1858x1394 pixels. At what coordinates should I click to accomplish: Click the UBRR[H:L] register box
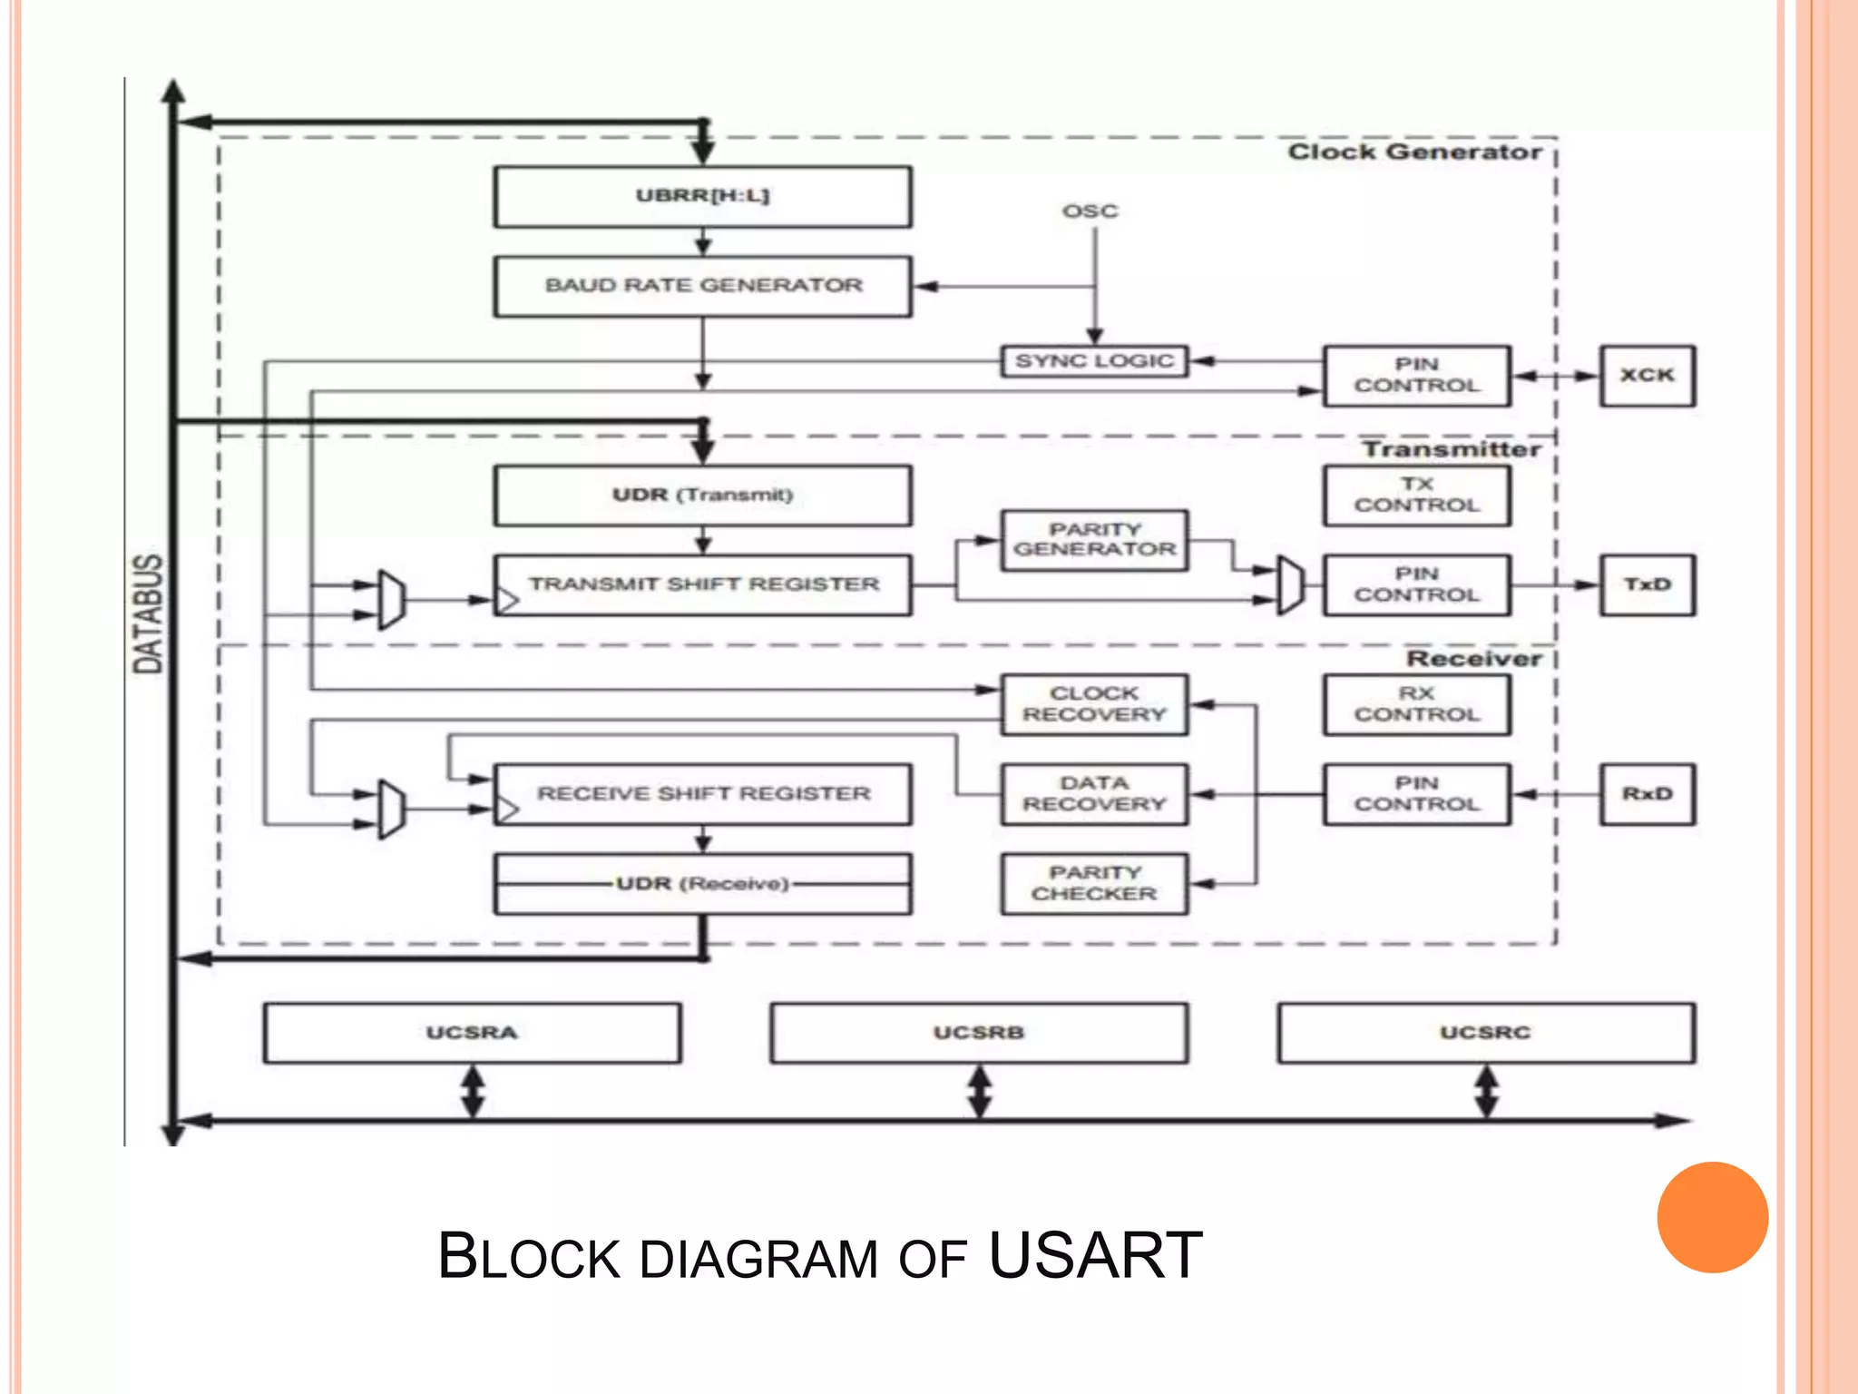pyautogui.click(x=702, y=196)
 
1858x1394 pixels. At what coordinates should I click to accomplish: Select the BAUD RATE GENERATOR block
pyautogui.click(x=702, y=286)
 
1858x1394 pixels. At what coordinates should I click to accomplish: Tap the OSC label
pyautogui.click(x=1090, y=211)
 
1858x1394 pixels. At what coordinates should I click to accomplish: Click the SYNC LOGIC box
pyautogui.click(x=1094, y=361)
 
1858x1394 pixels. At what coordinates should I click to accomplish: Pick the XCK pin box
pyautogui.click(x=1647, y=375)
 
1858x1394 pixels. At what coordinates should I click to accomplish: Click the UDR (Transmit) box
pyautogui.click(x=702, y=496)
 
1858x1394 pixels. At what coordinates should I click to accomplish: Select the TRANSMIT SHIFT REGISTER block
pyautogui.click(x=702, y=585)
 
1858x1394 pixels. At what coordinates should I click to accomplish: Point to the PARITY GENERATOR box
pyautogui.click(x=1094, y=540)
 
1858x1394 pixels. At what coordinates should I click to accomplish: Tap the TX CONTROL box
pyautogui.click(x=1416, y=496)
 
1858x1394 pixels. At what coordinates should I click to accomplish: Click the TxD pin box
pyautogui.click(x=1647, y=584)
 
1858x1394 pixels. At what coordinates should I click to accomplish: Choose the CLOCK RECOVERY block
pyautogui.click(x=1094, y=704)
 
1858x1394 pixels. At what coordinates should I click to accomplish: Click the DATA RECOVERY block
pyautogui.click(x=1094, y=794)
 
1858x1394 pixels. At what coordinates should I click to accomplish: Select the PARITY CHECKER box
pyautogui.click(x=1094, y=883)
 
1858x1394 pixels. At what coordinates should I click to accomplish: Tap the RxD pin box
pyautogui.click(x=1647, y=794)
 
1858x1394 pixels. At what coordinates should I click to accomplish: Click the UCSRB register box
pyautogui.click(x=978, y=1033)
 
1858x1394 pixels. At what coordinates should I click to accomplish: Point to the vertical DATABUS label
pyautogui.click(x=148, y=614)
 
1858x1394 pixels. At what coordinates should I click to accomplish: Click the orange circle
pyautogui.click(x=1712, y=1217)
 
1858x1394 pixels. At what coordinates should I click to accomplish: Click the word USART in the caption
pyautogui.click(x=1095, y=1256)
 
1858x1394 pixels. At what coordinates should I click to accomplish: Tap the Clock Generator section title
pyautogui.click(x=1414, y=152)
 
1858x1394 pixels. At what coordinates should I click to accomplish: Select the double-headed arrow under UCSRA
pyautogui.click(x=473, y=1092)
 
